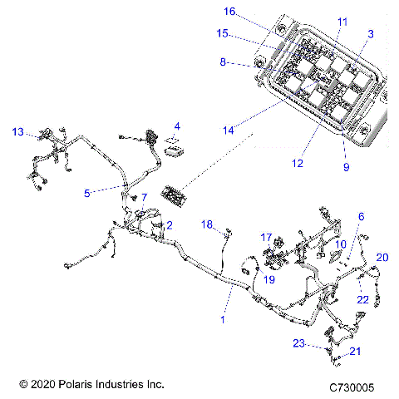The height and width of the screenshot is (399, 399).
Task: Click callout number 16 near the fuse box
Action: [x=229, y=12]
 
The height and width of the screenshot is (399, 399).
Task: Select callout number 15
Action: [x=222, y=34]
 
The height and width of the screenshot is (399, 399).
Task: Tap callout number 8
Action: [x=223, y=62]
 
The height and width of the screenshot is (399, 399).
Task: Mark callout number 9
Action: [x=347, y=166]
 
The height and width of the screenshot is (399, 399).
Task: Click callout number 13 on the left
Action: [x=17, y=131]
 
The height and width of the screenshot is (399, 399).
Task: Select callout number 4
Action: [x=175, y=126]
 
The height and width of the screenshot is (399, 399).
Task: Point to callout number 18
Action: [x=209, y=224]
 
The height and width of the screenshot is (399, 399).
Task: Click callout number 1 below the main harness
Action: [x=223, y=318]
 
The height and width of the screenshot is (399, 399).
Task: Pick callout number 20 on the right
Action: [x=382, y=258]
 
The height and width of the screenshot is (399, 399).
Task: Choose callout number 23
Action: [x=322, y=342]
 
